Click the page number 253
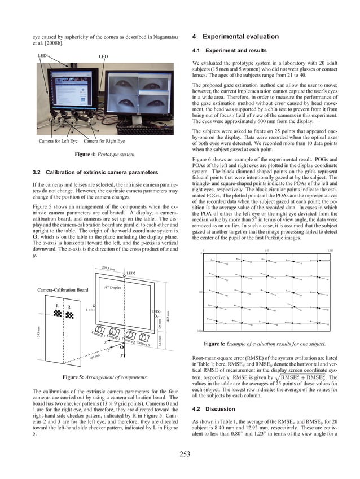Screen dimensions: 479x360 tap(180, 454)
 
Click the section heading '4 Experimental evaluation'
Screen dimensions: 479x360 tap(235, 37)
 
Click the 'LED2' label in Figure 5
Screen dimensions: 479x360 tap(130, 273)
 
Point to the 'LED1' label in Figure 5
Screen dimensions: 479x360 tap(90, 310)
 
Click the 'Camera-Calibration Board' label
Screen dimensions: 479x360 tap(63, 289)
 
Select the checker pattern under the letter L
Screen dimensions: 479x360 tap(58, 315)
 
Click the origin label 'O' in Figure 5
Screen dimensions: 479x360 tap(121, 348)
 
